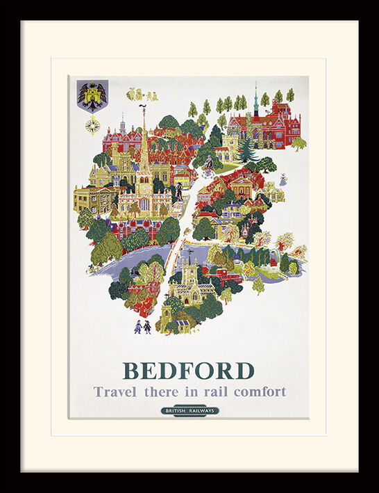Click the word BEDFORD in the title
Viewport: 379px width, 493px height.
189,370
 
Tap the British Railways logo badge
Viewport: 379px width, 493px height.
189,410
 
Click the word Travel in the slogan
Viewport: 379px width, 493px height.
115,391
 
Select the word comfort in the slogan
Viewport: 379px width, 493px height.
260,391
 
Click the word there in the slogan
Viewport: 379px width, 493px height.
161,391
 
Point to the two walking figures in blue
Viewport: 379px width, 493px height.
142,327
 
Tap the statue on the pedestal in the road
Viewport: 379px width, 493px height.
208,164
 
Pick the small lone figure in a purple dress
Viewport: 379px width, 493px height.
283,180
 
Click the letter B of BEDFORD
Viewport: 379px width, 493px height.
132,370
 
